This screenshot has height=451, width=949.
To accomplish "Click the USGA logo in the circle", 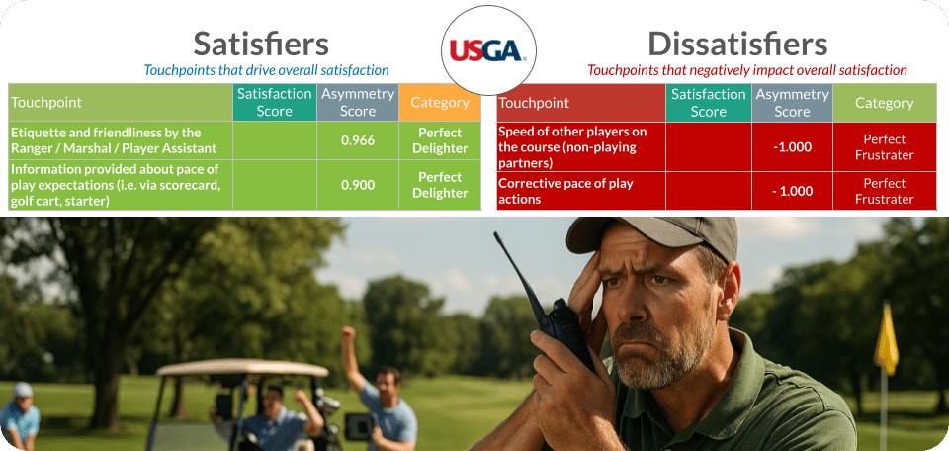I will [x=487, y=50].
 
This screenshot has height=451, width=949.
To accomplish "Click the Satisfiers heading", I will [x=261, y=44].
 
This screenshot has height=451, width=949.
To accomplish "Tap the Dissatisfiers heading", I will [x=736, y=44].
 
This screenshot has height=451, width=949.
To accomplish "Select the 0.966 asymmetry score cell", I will [x=357, y=140].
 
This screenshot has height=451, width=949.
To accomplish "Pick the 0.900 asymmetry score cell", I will [x=357, y=185].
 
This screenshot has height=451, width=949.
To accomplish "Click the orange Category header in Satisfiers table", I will [x=439, y=103].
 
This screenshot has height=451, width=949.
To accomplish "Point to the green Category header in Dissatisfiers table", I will [x=884, y=103].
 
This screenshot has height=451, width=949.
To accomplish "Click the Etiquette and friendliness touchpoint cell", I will [x=120, y=140].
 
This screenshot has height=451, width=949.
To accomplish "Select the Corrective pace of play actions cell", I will [x=580, y=191].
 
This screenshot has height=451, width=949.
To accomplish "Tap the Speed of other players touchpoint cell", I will [x=580, y=146].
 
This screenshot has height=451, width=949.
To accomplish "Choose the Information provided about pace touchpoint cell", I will [x=120, y=185].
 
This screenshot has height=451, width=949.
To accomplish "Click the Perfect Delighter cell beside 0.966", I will [x=440, y=140].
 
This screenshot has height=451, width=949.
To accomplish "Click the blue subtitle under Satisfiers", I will [x=266, y=70].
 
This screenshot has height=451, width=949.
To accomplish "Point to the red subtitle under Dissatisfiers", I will [x=746, y=70].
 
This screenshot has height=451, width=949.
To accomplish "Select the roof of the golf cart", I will [x=243, y=368].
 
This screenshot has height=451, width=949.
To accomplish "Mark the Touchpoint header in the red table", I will [x=534, y=103].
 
